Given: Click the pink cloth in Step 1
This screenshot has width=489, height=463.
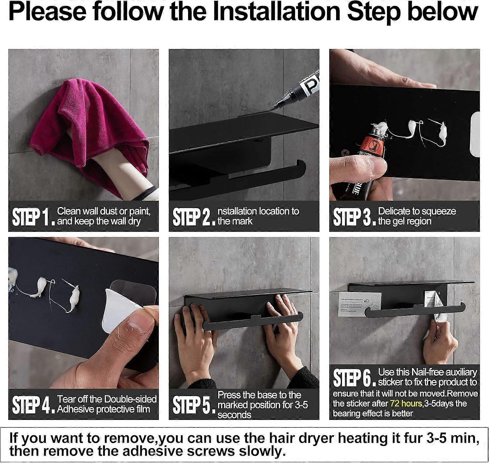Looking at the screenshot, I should pos(81,121).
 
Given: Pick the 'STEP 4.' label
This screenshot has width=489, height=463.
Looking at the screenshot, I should pos(33,405).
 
